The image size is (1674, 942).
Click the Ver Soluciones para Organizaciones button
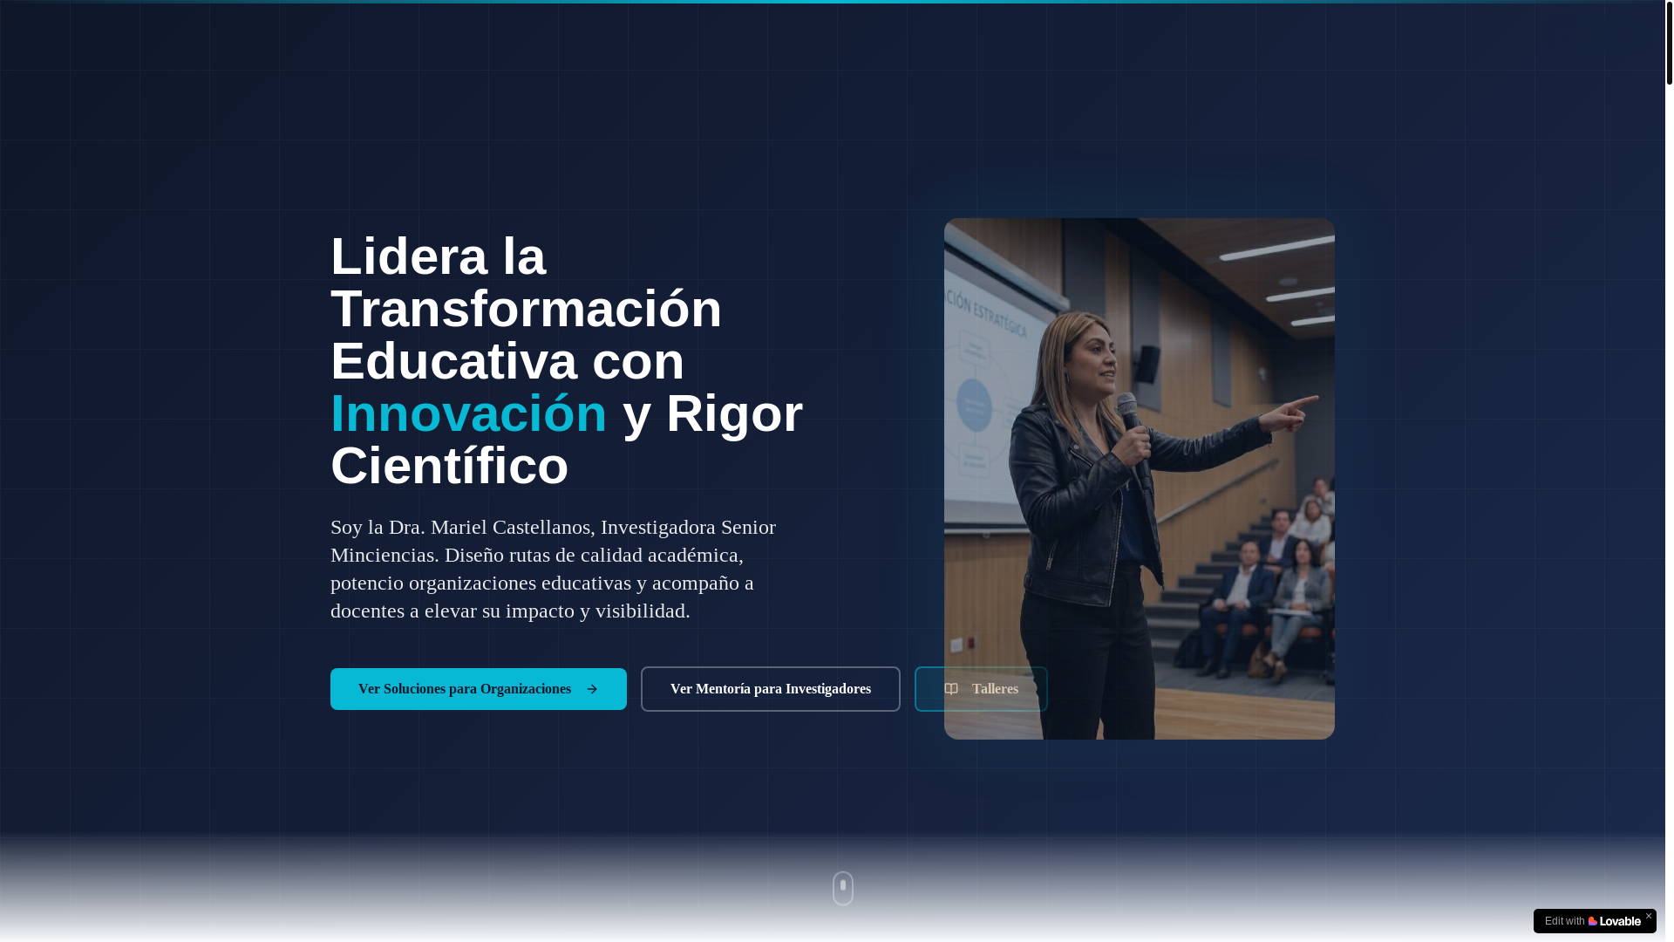[478, 689]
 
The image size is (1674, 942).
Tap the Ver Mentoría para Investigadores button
[770, 689]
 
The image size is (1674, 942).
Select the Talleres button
[981, 689]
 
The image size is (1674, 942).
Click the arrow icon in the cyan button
[592, 690]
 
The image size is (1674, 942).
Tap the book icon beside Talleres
[951, 689]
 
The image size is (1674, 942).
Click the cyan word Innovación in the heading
[468, 413]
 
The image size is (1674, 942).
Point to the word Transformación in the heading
[526, 309]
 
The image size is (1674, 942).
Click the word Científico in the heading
[449, 466]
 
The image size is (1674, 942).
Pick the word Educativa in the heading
[453, 361]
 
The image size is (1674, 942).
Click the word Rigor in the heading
[734, 413]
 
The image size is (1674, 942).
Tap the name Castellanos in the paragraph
[541, 527]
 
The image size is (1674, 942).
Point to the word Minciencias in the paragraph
[382, 555]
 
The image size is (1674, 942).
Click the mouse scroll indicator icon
[842, 888]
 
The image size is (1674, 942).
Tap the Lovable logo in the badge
[1615, 921]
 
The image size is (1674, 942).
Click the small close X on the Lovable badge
[1648, 916]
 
